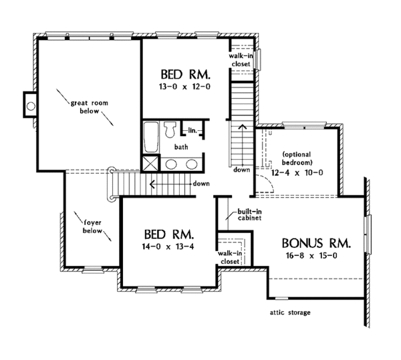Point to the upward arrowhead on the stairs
242,124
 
